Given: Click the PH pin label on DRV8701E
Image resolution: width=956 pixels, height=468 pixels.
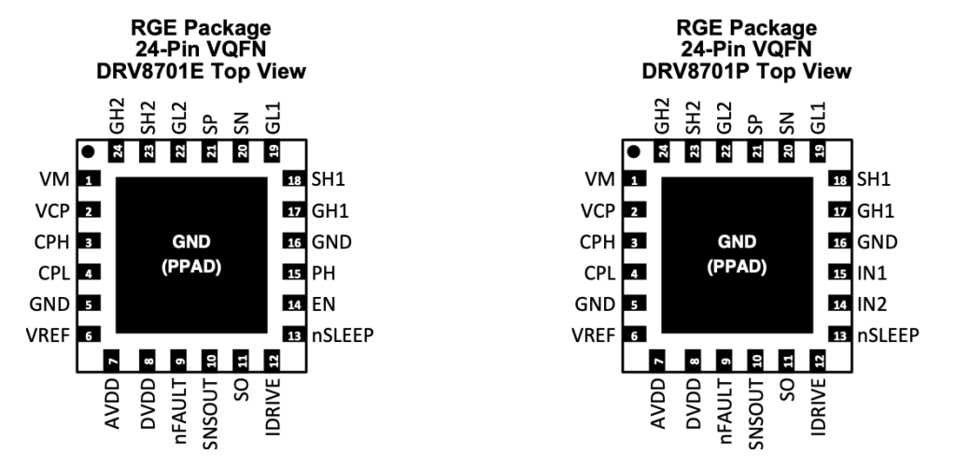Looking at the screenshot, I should coord(323,275).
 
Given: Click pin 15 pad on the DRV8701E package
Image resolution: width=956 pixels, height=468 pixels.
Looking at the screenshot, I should coord(293,275).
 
